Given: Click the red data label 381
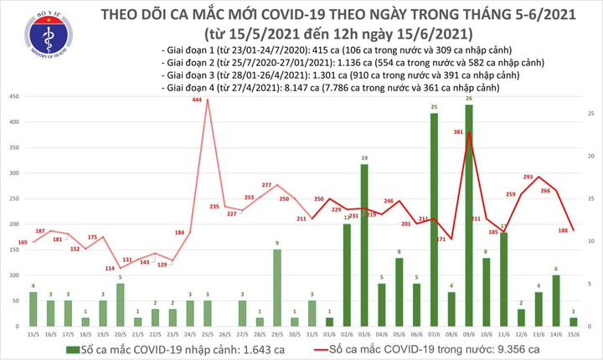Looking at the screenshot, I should coord(459,131).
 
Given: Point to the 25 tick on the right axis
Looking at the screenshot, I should coord(590,113).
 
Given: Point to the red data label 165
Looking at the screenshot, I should coord(22,242).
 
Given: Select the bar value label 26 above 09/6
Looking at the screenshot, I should coord(468,100).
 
